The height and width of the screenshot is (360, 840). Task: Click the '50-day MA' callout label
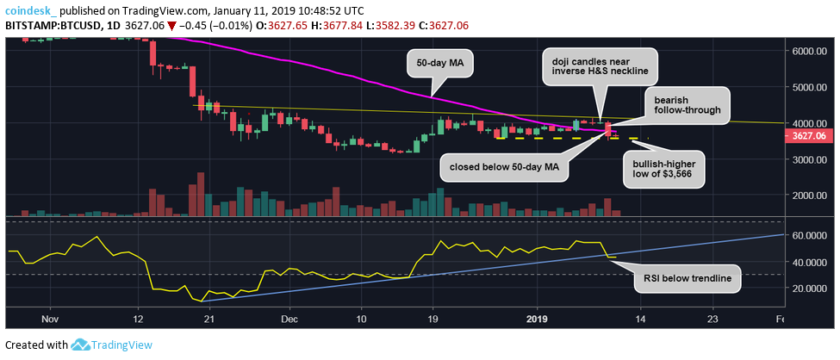431,63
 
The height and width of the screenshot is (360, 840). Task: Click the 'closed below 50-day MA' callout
504,166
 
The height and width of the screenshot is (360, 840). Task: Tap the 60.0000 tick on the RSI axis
810,235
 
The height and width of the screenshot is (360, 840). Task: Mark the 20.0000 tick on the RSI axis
810,289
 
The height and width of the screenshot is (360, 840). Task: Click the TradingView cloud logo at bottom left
82,345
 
